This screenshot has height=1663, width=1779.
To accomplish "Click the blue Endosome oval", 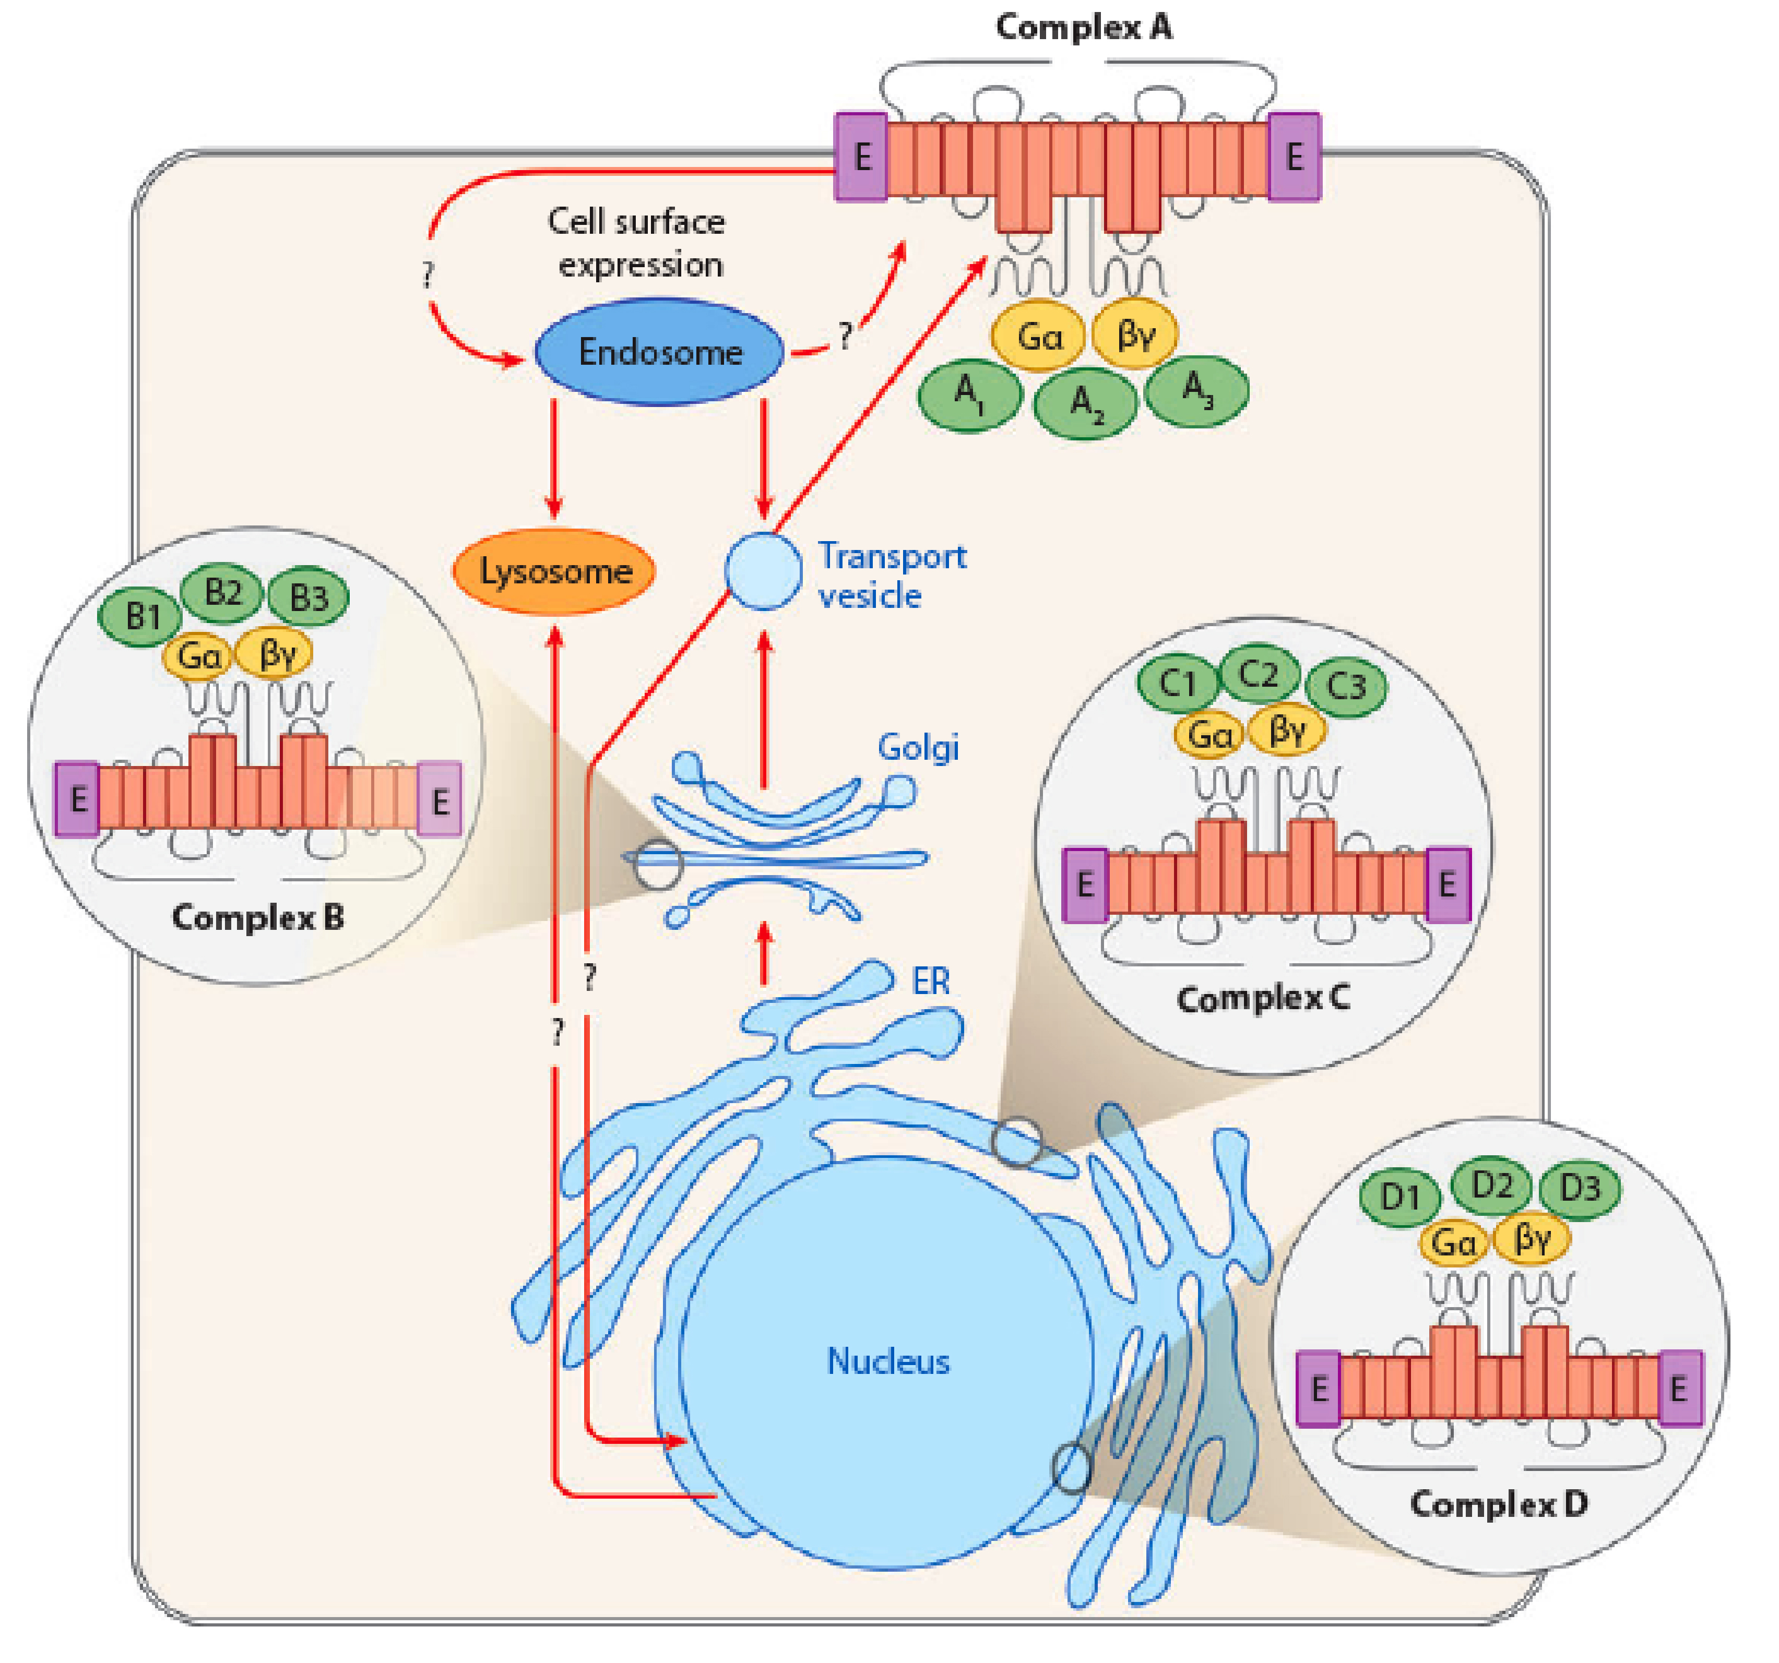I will click(659, 352).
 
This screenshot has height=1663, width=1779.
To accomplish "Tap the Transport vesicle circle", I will click(763, 571).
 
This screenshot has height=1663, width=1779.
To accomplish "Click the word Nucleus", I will click(888, 1361).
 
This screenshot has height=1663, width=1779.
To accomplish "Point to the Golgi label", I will click(917, 747).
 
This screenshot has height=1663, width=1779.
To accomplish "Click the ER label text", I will click(931, 982).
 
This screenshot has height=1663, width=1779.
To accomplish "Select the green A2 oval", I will click(1085, 404).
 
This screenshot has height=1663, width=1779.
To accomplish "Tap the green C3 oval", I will click(1345, 686).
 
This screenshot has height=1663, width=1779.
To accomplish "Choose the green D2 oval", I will click(1491, 1186).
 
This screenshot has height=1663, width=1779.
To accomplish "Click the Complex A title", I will click(1084, 27).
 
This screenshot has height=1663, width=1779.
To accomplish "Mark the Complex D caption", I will click(1499, 1504).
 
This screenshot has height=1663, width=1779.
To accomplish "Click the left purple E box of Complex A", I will click(861, 158).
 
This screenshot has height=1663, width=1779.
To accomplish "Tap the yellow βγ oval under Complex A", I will click(1135, 334).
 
